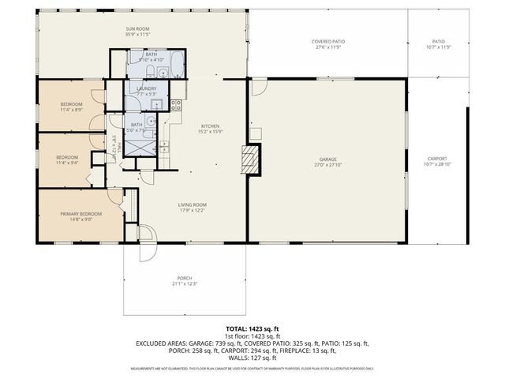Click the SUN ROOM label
[137, 29]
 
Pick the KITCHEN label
[209, 126]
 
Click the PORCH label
[183, 278]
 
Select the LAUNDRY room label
[147, 88]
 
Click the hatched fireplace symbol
[251, 158]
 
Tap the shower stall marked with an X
[144, 145]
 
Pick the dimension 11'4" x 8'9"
[72, 109]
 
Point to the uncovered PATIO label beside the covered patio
[438, 41]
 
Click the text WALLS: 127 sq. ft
[252, 357]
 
